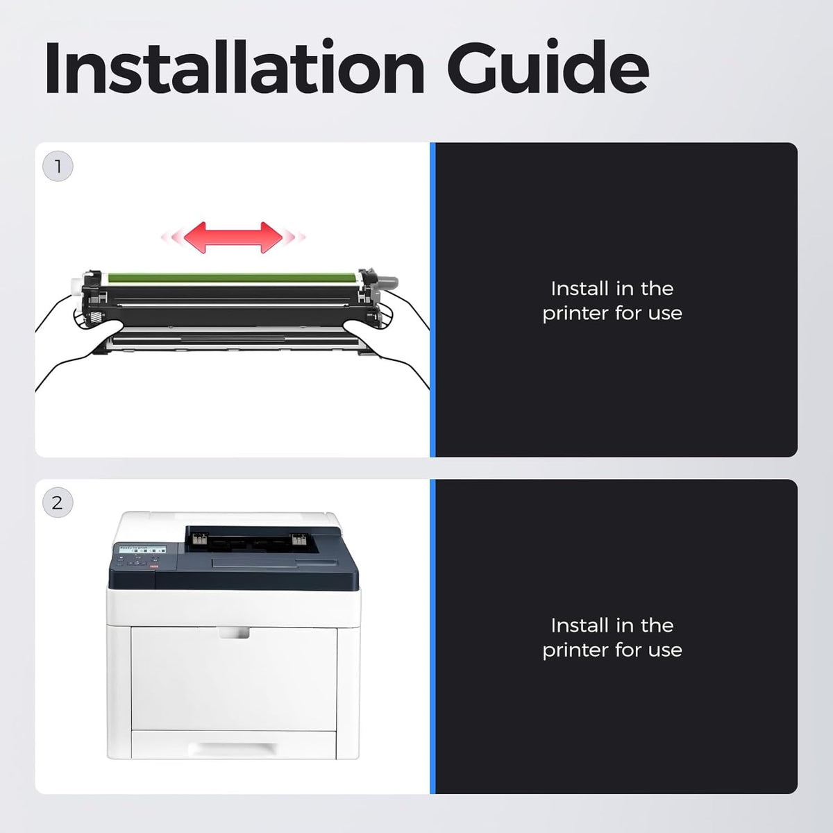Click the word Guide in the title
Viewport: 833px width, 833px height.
tap(548, 67)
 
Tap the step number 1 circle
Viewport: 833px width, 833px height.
tap(58, 166)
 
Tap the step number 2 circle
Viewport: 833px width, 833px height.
tap(58, 503)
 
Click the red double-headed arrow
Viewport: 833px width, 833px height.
tap(233, 237)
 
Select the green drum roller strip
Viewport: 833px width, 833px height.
tap(232, 278)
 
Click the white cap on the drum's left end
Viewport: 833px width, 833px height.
tap(77, 286)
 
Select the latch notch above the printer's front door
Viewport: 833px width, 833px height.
tap(234, 632)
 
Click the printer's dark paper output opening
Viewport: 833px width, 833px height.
tap(251, 540)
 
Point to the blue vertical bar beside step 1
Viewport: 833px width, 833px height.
tap(432, 300)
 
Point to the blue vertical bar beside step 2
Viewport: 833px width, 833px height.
tap(432, 637)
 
